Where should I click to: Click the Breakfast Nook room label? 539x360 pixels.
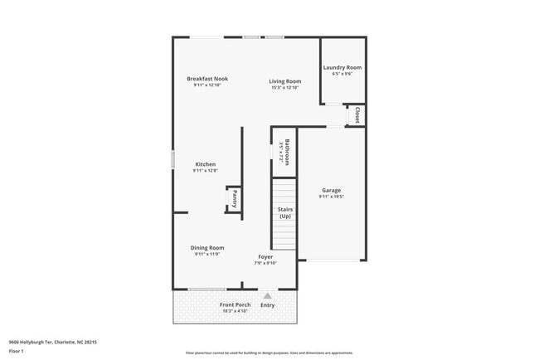point(206,79)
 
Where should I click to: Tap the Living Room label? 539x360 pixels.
point(284,81)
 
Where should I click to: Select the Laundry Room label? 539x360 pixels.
point(342,67)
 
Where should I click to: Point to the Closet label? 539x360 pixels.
point(357,114)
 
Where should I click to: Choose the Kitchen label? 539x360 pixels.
point(205,164)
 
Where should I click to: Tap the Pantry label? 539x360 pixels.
point(235,198)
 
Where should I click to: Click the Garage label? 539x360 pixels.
point(331,191)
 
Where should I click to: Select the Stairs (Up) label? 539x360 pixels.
point(284,213)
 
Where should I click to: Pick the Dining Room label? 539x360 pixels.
point(207,248)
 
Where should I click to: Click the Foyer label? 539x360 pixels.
point(265,257)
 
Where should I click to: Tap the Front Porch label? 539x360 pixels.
point(235,304)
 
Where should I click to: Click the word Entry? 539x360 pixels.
point(268,305)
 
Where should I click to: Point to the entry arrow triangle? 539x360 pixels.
point(267,295)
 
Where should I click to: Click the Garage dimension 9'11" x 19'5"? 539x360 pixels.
point(331,197)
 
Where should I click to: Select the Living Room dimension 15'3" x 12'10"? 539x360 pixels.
point(284,87)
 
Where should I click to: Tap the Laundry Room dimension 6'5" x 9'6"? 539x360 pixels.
point(342,74)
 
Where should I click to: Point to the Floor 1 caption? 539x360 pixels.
point(17,351)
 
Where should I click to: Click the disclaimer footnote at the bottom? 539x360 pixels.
point(269,353)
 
